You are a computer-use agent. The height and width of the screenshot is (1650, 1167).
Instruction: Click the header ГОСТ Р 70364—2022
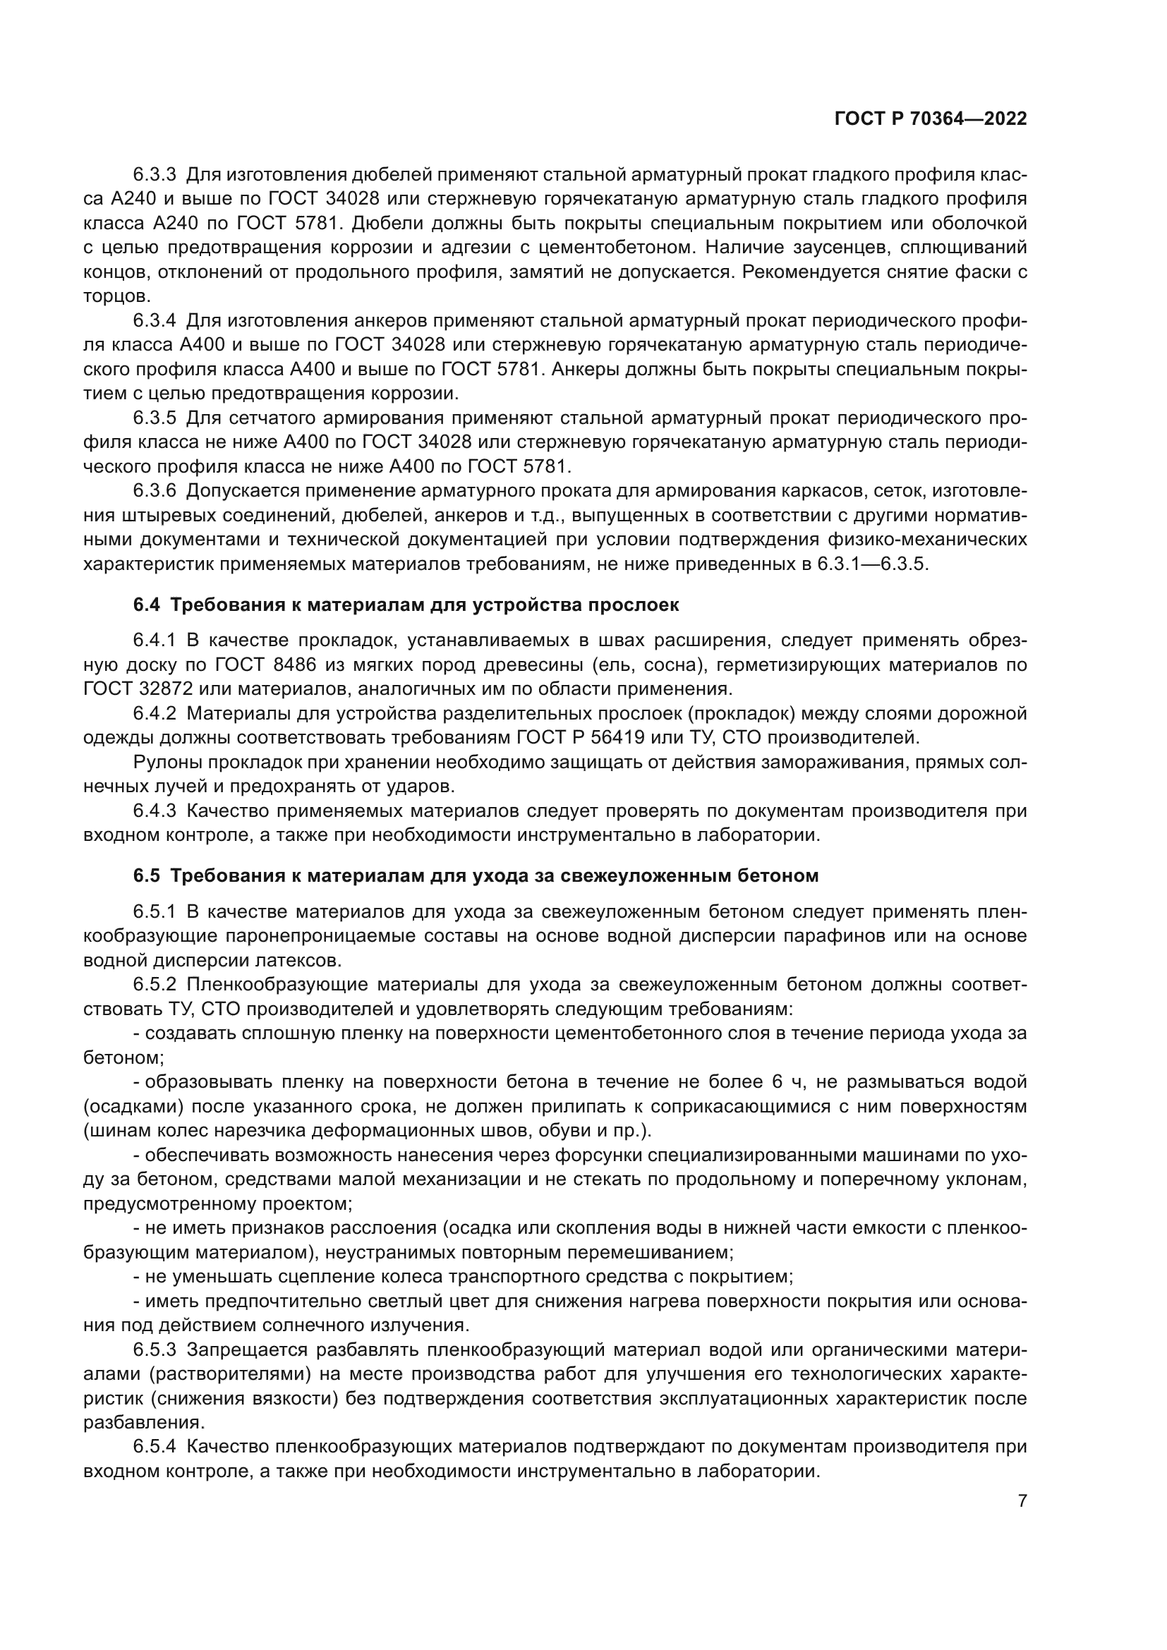(930, 119)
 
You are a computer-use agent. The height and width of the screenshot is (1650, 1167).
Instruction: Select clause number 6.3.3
(155, 175)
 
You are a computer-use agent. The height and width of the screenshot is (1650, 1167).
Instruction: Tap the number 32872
(163, 689)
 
